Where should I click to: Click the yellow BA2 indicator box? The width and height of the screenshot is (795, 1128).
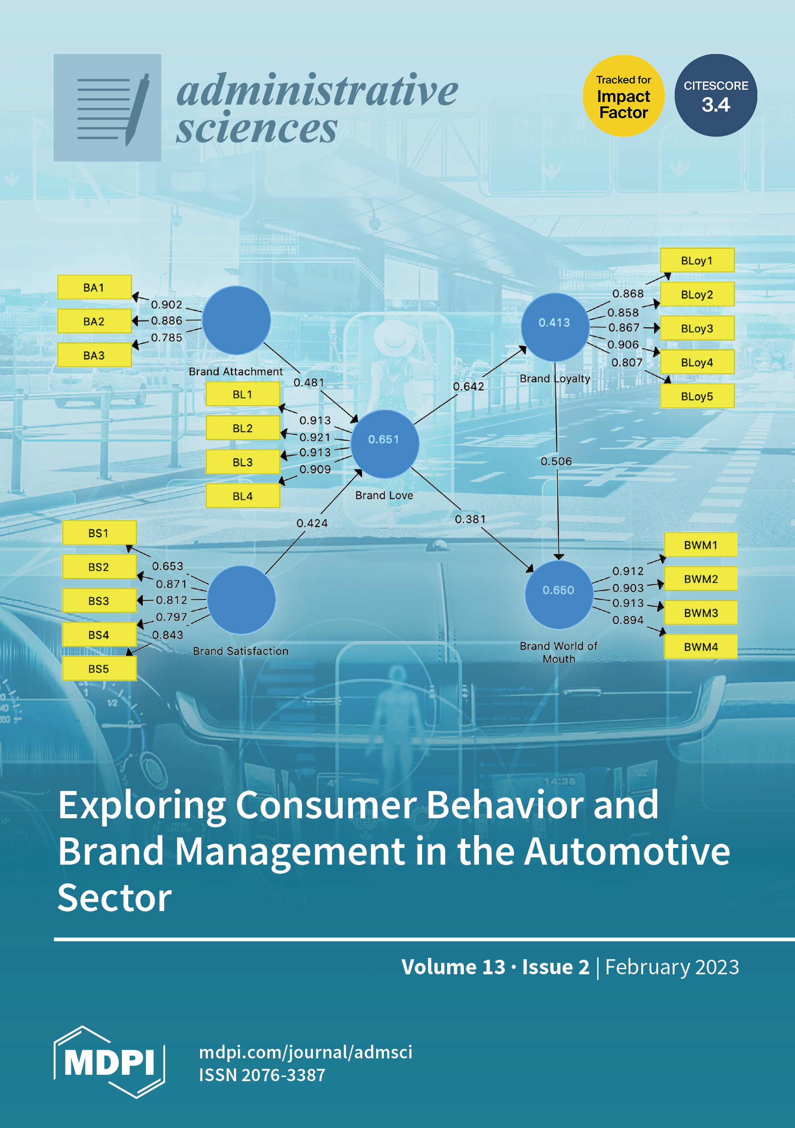click(94, 321)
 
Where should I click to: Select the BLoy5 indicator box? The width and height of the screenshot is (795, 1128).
click(697, 396)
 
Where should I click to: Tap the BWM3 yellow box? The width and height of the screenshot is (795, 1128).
click(701, 613)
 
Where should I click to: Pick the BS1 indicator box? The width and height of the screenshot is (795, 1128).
click(99, 533)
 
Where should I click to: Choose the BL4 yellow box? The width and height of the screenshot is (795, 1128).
click(243, 496)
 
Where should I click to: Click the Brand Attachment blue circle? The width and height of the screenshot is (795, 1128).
click(236, 320)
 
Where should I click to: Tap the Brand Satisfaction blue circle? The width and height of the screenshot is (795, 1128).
click(241, 599)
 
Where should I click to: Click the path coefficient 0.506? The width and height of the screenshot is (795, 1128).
click(556, 461)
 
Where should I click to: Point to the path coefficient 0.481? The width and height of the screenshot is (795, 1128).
click(308, 382)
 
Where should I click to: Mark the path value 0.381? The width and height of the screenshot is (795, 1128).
click(470, 519)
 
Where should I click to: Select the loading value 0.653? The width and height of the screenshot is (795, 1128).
click(167, 566)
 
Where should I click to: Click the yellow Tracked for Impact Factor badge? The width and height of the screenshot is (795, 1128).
click(623, 96)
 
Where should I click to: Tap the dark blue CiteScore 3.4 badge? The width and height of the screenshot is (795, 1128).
click(715, 96)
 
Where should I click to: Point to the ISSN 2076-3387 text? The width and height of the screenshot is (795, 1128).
click(262, 1074)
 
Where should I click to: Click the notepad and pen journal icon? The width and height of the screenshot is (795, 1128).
click(107, 108)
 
